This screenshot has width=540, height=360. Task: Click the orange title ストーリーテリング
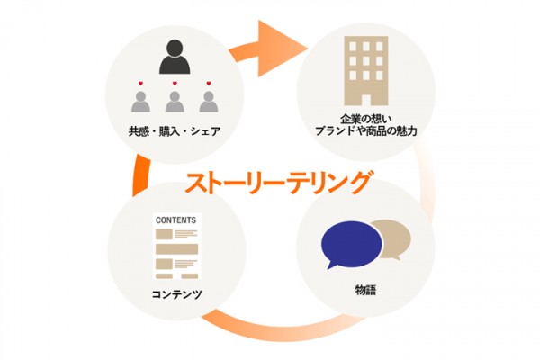click(x=279, y=183)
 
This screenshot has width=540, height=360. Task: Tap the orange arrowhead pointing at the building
click(x=279, y=49)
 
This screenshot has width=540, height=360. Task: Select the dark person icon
click(x=175, y=57)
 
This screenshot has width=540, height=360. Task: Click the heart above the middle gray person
click(x=175, y=84)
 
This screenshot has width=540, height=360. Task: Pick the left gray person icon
click(x=140, y=102)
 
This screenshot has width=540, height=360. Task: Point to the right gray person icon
click(x=209, y=102)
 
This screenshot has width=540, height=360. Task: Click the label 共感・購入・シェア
click(x=175, y=131)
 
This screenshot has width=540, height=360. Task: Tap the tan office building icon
click(x=366, y=71)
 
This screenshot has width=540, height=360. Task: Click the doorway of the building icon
click(x=366, y=100)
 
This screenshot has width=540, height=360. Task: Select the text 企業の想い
click(x=366, y=119)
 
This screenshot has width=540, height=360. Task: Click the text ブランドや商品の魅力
click(x=366, y=131)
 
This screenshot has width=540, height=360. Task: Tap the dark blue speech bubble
click(x=351, y=245)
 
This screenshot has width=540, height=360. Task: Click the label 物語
click(x=365, y=290)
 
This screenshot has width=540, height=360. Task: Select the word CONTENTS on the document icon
click(x=176, y=220)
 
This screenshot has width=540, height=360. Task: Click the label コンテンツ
click(x=176, y=294)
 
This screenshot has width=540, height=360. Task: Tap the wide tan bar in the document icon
click(x=176, y=249)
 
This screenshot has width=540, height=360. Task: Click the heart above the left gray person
click(x=140, y=84)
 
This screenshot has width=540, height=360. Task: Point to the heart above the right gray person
click(x=209, y=84)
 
